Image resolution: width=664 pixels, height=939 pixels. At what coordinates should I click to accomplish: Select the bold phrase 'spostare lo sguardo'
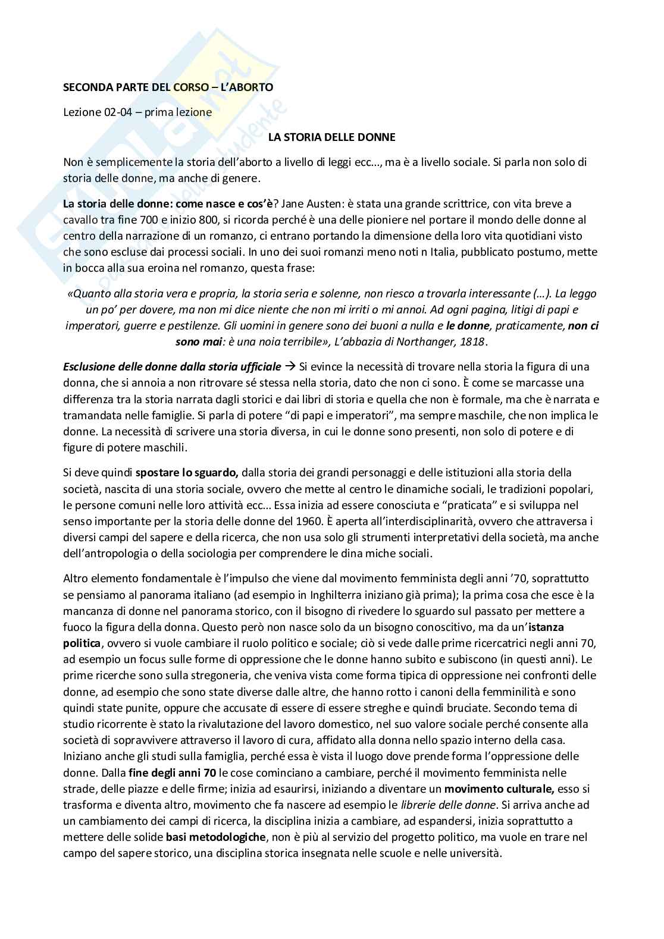(x=187, y=473)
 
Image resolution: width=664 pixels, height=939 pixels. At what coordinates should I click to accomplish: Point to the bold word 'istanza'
(x=546, y=627)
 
